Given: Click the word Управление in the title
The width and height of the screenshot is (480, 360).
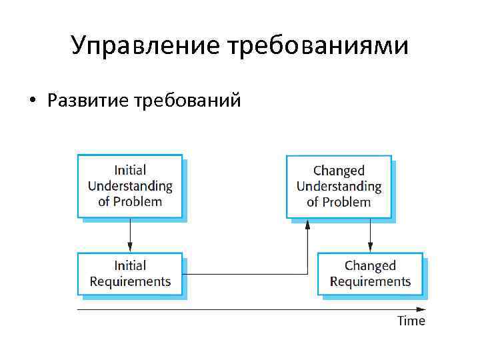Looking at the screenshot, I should click(x=147, y=47).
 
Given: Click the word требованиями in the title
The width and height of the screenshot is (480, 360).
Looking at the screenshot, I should click(x=319, y=47).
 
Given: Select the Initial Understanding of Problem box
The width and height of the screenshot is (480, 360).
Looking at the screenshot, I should click(x=130, y=186).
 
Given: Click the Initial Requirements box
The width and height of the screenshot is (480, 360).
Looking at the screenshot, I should click(x=130, y=274).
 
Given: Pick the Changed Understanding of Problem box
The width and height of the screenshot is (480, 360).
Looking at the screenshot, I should click(x=339, y=186).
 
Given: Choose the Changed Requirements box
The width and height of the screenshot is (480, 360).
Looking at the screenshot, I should click(x=370, y=274).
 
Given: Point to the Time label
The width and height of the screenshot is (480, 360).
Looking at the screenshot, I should click(x=411, y=321).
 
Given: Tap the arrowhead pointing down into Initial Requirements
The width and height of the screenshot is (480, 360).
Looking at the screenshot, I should click(x=130, y=248).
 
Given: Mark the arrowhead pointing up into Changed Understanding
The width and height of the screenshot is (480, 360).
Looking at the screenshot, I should click(x=307, y=224).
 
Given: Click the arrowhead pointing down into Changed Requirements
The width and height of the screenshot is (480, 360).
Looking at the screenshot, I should click(x=370, y=248).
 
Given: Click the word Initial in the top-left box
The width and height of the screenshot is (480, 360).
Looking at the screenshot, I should click(x=130, y=171).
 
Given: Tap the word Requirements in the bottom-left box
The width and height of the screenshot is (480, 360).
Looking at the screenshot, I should click(x=130, y=281).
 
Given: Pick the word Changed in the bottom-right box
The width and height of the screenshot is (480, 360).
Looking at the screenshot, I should click(x=370, y=267).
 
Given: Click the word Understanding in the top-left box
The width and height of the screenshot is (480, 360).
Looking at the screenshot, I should click(x=130, y=186).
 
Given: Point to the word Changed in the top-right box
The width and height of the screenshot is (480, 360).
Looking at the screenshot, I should click(x=339, y=171).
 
